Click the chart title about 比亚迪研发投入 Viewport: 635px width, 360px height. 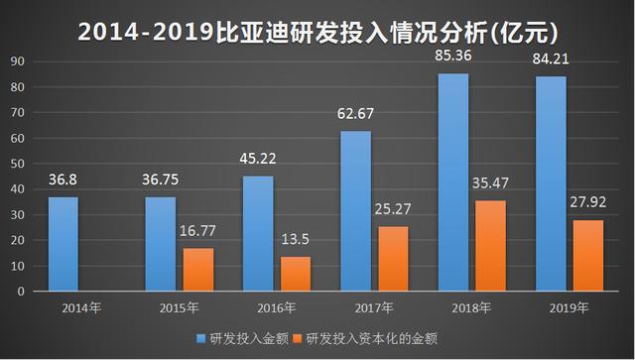[x=317, y=32]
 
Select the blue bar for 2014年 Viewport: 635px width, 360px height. [x=63, y=244]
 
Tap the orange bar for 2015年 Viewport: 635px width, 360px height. [x=198, y=270]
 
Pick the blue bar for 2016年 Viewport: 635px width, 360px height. [x=258, y=234]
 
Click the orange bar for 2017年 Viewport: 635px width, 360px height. [x=393, y=259]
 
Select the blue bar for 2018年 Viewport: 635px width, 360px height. [x=453, y=182]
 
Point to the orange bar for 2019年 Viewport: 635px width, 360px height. [x=588, y=256]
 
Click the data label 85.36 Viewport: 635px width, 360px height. [x=453, y=56]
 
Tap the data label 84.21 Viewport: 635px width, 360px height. [x=551, y=60]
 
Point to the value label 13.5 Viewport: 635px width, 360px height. [x=296, y=239]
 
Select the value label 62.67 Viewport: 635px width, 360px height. [x=355, y=113]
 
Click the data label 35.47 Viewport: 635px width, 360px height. [x=490, y=183]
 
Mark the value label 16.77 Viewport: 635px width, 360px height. [x=197, y=231]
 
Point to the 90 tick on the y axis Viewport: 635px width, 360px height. [x=18, y=61]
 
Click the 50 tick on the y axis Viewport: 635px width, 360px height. [x=18, y=164]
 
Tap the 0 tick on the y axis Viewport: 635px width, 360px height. [x=21, y=292]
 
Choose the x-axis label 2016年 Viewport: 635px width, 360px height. [x=277, y=308]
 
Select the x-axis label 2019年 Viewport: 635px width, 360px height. [x=569, y=308]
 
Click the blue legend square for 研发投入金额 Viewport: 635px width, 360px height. [x=200, y=338]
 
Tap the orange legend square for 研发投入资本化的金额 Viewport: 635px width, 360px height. [x=298, y=338]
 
